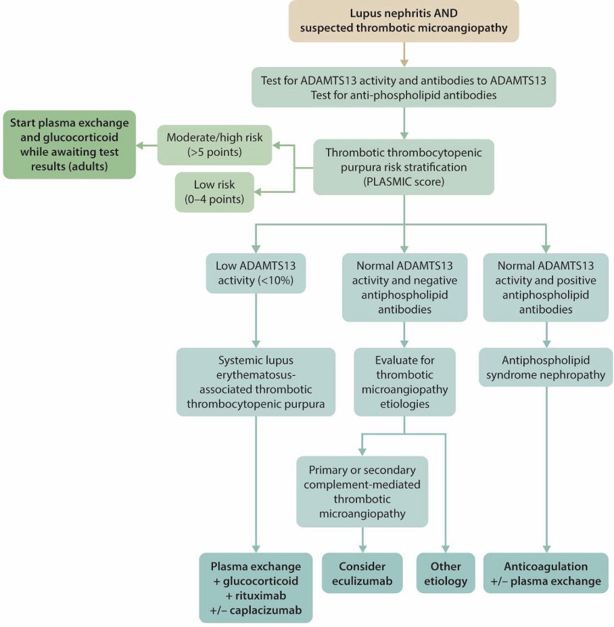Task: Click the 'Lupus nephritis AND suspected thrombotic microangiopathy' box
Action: pos(404,21)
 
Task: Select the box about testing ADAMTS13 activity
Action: pos(404,87)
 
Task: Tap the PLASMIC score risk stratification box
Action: pos(404,167)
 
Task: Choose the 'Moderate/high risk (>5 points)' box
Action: pos(214,145)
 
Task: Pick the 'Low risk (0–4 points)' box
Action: pos(214,192)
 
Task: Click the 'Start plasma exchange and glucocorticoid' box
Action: pos(70,144)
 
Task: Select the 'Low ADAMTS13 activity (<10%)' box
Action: pos(256,273)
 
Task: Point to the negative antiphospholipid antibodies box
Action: pos(404,287)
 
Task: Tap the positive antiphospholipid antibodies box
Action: pos(546,287)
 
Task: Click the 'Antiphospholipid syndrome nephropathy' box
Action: pos(546,367)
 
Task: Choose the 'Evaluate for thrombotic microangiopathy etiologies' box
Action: pos(404,382)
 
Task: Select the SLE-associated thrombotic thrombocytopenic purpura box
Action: pos(256,382)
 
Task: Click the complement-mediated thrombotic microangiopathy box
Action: pos(362,492)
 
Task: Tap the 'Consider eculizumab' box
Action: pos(362,573)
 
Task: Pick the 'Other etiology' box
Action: pos(446,573)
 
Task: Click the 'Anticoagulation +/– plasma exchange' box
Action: pos(546,573)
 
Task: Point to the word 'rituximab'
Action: pos(261,595)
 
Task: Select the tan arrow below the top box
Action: pos(404,54)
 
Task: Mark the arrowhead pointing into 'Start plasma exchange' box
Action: pos(139,145)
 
